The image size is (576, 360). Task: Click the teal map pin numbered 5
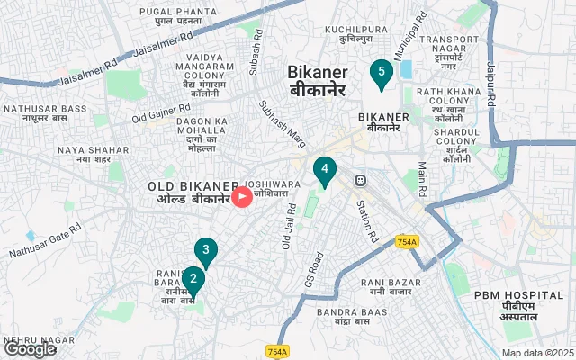click(382, 72)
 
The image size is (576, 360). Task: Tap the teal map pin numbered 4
click(324, 168)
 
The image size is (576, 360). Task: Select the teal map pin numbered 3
click(206, 251)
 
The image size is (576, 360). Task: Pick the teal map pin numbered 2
click(193, 279)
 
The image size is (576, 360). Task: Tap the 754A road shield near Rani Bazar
click(407, 241)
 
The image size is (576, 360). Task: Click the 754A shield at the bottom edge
click(278, 351)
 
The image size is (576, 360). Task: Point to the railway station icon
click(360, 179)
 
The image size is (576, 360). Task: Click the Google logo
click(30, 349)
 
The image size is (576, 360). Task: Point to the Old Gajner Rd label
click(164, 113)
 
